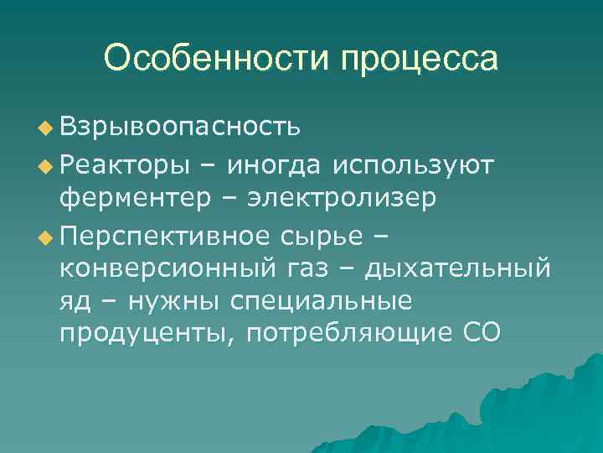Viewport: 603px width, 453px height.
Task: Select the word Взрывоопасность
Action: (x=179, y=128)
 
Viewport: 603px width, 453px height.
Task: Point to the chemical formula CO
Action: (x=482, y=333)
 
